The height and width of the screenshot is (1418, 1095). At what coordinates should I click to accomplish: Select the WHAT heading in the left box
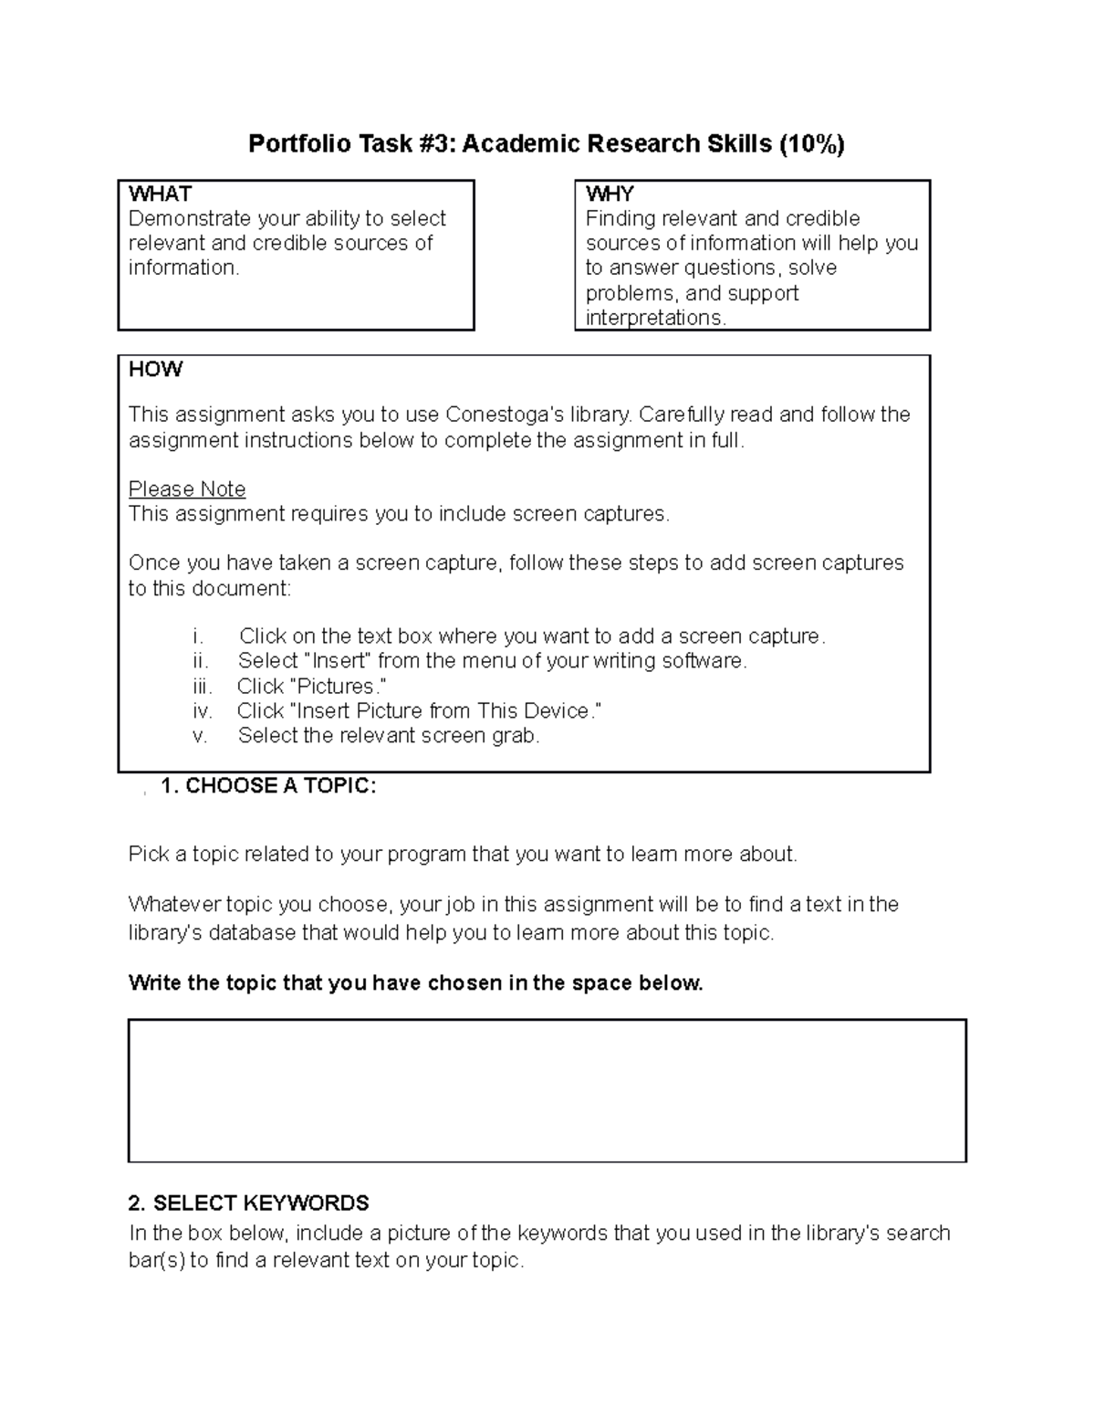pos(160,194)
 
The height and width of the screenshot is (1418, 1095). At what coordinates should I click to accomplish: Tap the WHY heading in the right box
pos(610,194)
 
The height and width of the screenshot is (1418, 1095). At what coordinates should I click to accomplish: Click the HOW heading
pos(155,369)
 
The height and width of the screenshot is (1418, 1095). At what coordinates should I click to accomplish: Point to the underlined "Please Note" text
pos(187,489)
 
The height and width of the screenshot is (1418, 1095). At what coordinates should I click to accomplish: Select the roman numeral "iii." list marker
pos(203,687)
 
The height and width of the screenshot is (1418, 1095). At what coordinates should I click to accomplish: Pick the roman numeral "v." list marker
pos(201,736)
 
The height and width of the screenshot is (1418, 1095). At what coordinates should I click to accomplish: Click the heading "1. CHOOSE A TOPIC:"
pos(267,786)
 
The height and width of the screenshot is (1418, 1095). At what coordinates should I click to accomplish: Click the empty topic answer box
pos(547,1090)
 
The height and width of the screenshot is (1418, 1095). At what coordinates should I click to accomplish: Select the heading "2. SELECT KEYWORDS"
pos(249,1203)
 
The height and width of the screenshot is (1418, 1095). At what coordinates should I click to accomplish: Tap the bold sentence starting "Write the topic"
pos(416,983)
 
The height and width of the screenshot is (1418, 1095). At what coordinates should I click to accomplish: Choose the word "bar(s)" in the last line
pos(156,1261)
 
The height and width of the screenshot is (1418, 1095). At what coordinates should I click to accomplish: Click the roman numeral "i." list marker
pos(198,636)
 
